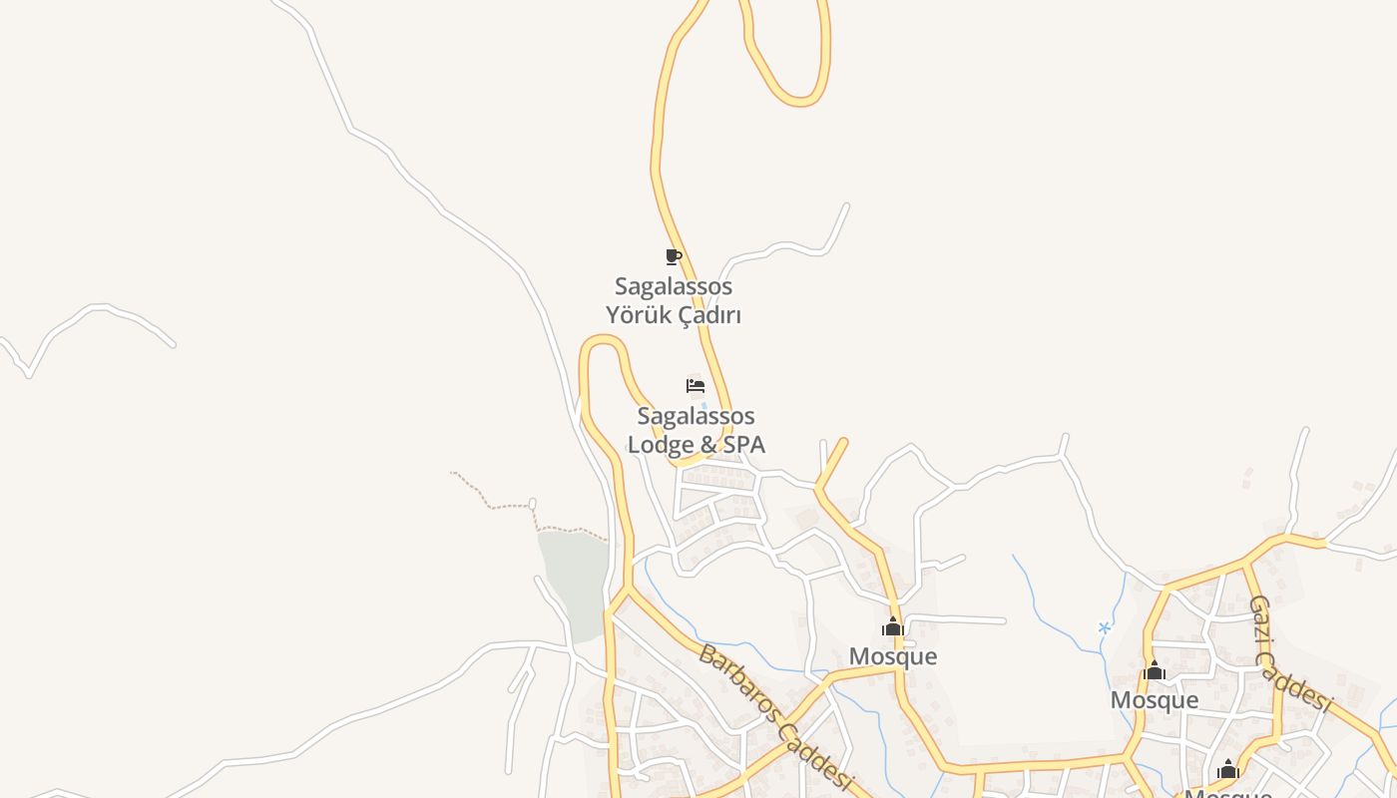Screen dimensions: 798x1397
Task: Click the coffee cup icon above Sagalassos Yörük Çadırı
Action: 674,256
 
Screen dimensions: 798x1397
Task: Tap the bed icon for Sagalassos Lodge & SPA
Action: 696,386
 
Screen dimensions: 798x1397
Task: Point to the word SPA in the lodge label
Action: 743,445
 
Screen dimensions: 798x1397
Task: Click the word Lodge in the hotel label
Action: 658,445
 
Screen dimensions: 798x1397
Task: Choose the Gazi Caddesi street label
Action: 1289,654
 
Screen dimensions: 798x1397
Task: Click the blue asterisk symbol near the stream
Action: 1105,627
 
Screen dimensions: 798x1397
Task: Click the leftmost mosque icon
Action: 892,627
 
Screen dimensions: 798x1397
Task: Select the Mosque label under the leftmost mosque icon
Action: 893,656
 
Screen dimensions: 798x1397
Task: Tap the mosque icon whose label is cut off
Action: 1227,770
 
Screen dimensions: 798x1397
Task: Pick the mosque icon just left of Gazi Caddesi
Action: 1155,671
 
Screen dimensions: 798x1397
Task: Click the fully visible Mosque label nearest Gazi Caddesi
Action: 1155,700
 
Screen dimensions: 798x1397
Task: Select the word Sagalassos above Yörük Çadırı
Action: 674,286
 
